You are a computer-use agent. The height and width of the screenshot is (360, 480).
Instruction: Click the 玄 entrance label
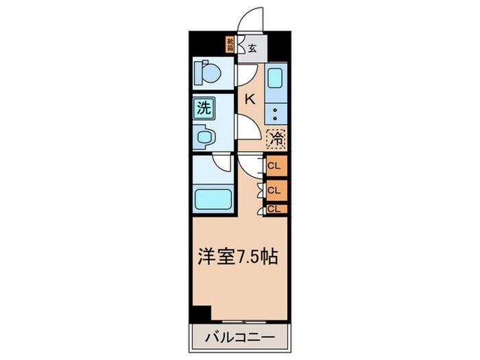click(252, 48)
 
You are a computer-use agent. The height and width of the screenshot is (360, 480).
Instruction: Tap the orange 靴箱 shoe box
click(230, 45)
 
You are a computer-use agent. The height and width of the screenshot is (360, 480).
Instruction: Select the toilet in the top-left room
click(206, 71)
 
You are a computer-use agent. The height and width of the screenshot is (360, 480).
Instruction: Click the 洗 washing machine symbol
click(204, 108)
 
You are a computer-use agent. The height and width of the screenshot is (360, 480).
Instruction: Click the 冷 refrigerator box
click(276, 138)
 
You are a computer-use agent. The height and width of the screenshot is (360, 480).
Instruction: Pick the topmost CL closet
click(275, 166)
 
